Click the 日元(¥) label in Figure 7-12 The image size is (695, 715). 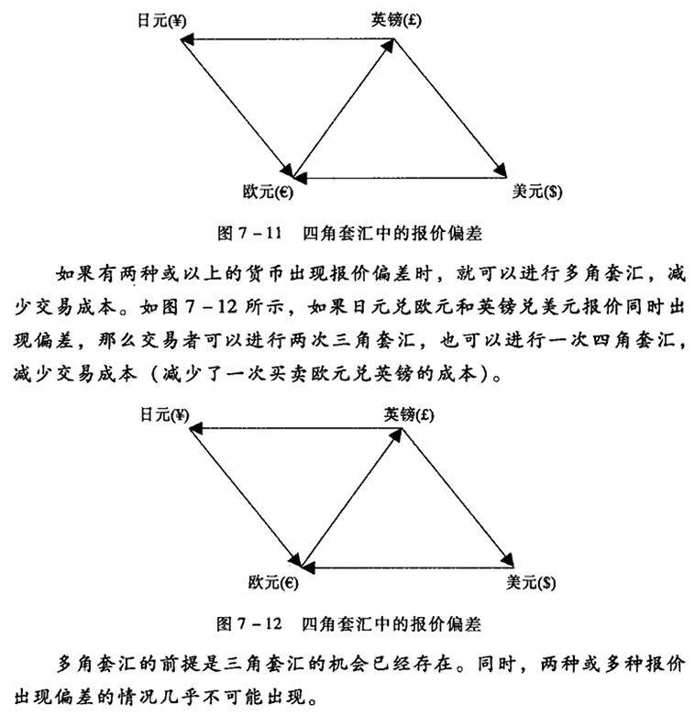point(164,415)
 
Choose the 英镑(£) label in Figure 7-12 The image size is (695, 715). point(409,415)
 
